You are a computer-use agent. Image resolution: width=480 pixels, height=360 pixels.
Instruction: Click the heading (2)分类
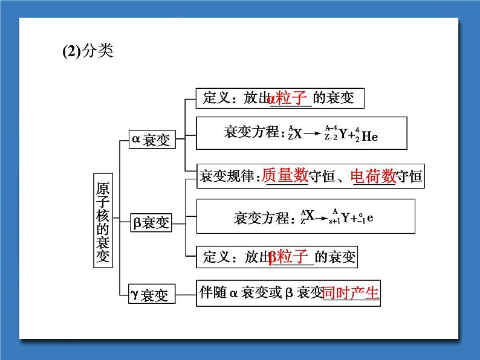click(x=88, y=51)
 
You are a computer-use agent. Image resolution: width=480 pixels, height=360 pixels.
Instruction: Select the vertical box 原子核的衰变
click(x=103, y=220)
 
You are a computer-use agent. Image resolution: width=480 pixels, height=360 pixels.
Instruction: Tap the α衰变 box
click(x=152, y=140)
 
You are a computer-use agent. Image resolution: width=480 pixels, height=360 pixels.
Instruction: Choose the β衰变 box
click(x=151, y=223)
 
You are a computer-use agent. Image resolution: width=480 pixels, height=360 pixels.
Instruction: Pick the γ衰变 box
click(x=152, y=294)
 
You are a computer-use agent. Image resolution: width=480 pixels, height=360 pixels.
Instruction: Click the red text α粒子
click(x=287, y=98)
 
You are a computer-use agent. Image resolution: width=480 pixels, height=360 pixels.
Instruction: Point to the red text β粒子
click(x=288, y=256)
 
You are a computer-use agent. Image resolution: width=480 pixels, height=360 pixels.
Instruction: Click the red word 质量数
click(x=285, y=175)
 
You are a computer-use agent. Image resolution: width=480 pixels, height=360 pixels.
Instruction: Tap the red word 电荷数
click(x=373, y=176)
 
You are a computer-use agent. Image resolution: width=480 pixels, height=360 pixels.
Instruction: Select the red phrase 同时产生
click(x=351, y=293)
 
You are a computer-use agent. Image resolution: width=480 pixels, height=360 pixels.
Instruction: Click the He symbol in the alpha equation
click(x=370, y=136)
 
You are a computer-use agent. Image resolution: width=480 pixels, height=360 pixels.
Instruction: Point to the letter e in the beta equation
click(x=370, y=218)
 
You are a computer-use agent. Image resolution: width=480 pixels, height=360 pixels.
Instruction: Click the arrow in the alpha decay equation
click(x=313, y=134)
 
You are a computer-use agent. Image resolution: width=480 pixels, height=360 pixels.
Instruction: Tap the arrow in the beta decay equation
click(x=321, y=219)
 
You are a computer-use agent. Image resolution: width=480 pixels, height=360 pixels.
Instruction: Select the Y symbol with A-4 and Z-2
click(x=343, y=133)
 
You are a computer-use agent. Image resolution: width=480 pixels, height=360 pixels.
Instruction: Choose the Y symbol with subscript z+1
click(x=345, y=218)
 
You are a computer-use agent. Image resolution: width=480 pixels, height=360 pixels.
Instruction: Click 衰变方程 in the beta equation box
click(x=261, y=218)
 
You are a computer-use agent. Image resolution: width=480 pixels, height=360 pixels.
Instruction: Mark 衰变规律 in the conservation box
click(x=227, y=176)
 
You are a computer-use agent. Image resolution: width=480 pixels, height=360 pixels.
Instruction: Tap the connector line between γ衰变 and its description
click(x=186, y=295)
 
